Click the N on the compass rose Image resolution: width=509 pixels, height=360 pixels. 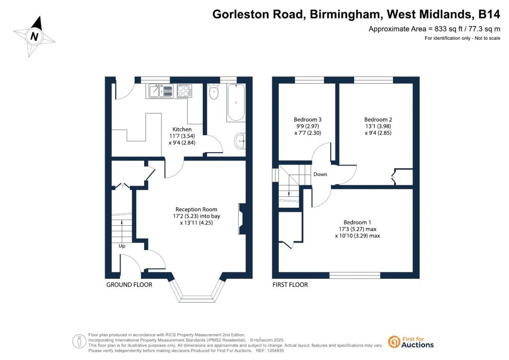pos(34,36)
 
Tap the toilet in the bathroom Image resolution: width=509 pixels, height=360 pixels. pos(214,91)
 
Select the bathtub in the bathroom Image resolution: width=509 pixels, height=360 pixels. pos(236,102)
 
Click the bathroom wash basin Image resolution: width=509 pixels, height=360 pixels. pos(240,141)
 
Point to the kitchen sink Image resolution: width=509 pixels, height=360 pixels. pos(161,90)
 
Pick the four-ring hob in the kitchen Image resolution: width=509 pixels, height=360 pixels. pos(184,90)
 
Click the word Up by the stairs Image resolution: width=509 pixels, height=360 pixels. pos(122,246)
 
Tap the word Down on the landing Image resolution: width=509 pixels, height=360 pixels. pos(320,175)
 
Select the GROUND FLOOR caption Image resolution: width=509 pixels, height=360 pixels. pos(129,285)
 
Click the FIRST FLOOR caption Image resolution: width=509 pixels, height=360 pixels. pos(290,285)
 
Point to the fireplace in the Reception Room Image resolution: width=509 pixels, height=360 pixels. pos(242,219)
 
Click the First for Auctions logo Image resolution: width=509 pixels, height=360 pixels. pos(411,342)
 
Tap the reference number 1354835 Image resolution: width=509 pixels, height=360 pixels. pos(274,351)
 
